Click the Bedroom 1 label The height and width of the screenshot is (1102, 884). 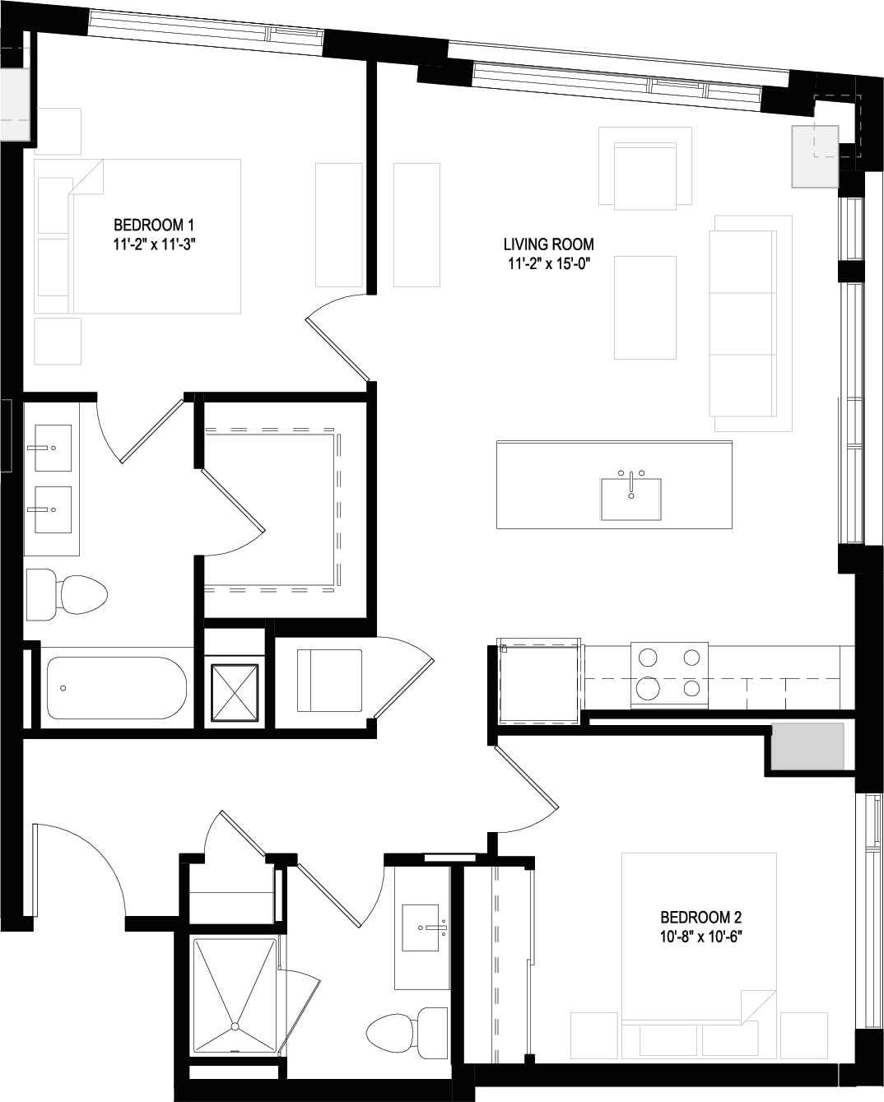(x=155, y=225)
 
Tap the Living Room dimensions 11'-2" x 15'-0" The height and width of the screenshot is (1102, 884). (x=548, y=263)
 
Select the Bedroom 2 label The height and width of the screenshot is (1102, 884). (x=700, y=917)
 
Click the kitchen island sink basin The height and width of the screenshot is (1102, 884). (x=631, y=500)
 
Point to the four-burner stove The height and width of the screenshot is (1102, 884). (x=669, y=676)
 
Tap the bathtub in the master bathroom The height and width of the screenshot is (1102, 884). (x=117, y=688)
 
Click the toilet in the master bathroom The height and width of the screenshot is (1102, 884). (x=67, y=594)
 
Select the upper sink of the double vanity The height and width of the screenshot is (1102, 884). (x=53, y=448)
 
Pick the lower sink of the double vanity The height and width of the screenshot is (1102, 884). (x=53, y=509)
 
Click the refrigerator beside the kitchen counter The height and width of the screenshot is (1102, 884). (x=539, y=681)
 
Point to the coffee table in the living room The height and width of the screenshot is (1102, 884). (x=645, y=307)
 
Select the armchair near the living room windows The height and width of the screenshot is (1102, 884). (x=645, y=169)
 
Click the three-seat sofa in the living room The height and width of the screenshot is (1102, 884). (x=751, y=323)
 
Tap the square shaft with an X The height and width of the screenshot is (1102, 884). (x=235, y=693)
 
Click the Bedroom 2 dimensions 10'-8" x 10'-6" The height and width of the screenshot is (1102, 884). (x=701, y=937)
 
